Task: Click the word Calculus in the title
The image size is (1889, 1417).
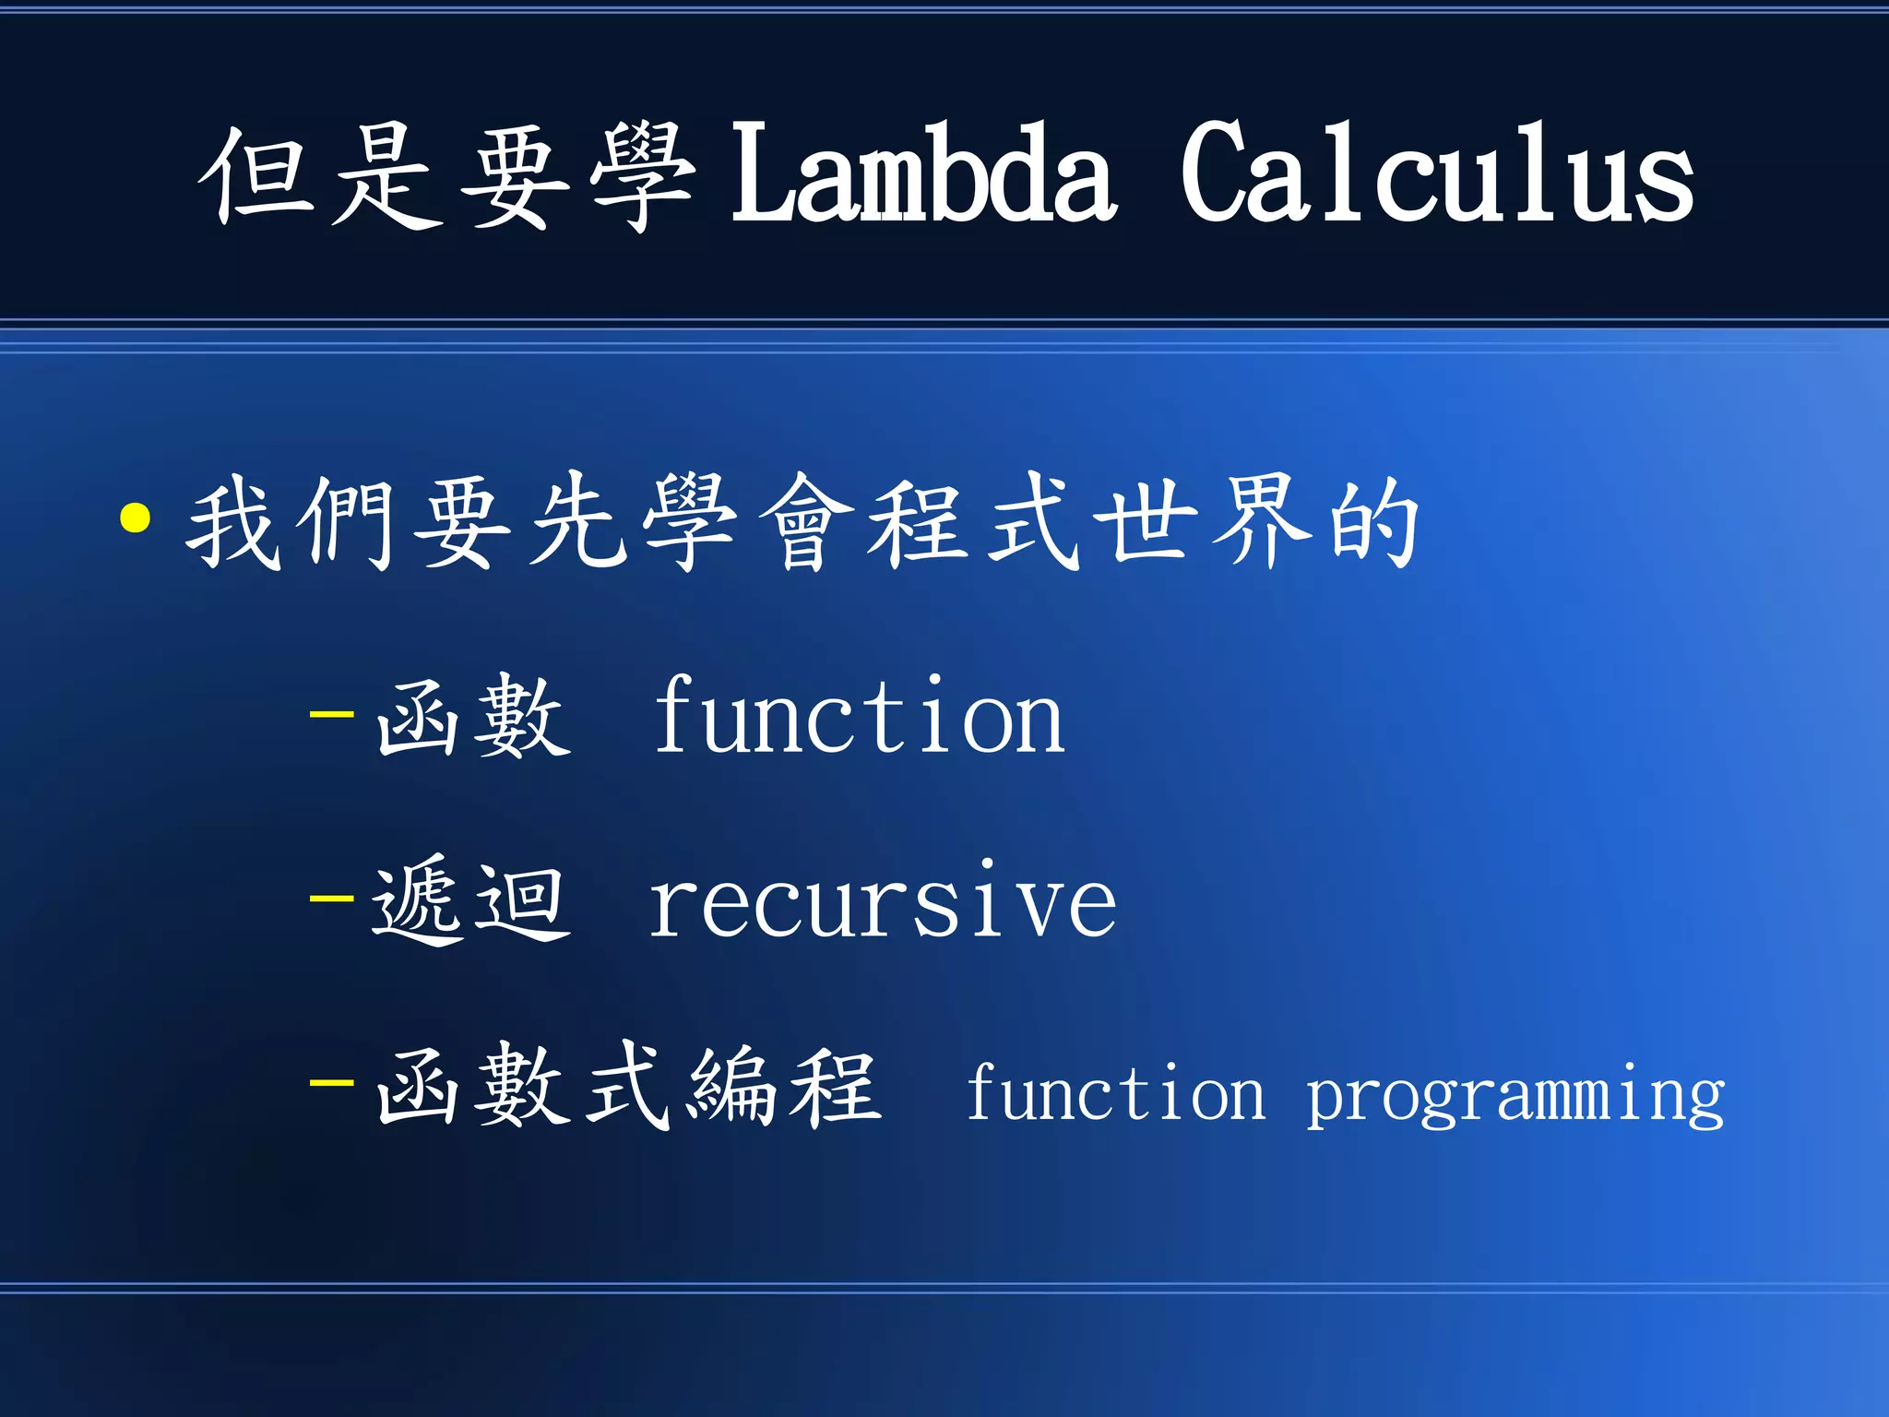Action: pyautogui.click(x=1437, y=173)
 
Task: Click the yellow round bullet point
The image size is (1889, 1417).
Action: pyautogui.click(x=136, y=518)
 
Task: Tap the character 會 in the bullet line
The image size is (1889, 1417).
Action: pyautogui.click(x=805, y=522)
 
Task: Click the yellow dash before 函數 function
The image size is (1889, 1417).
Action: pyautogui.click(x=332, y=713)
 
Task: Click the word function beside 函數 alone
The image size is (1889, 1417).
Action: pyautogui.click(x=859, y=718)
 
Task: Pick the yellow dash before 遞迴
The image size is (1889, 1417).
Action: pyautogui.click(x=332, y=897)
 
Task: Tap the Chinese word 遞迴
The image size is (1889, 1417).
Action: pyautogui.click(x=470, y=900)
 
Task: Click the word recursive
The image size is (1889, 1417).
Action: pyautogui.click(x=883, y=902)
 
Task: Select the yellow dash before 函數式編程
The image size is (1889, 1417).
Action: pyautogui.click(x=332, y=1081)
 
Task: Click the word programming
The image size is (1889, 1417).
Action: pyautogui.click(x=1515, y=1096)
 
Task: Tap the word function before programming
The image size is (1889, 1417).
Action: pyautogui.click(x=1115, y=1093)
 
